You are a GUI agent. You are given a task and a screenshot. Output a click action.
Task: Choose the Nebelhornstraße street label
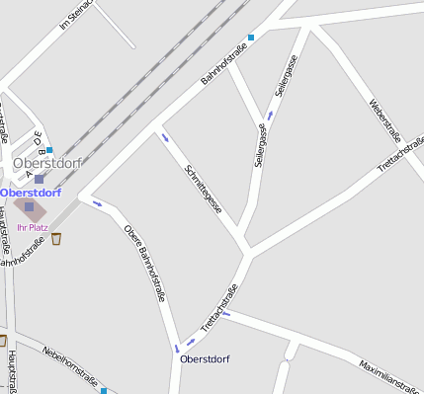68,365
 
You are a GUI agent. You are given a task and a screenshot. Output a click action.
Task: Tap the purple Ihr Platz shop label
33,227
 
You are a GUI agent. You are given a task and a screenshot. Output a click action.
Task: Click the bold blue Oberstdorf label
31,193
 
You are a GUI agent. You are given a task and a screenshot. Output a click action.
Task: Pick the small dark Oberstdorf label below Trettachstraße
205,358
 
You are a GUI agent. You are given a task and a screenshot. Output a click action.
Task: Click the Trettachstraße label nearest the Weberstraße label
401,158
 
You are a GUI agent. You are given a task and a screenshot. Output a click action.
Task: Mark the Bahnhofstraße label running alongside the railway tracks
222,73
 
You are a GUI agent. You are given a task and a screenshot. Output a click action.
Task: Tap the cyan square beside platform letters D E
49,151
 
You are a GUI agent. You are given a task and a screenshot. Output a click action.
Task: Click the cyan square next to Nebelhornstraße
103,391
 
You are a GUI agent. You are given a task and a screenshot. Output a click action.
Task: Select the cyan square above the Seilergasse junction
251,39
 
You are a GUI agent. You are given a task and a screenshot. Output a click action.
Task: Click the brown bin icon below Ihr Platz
56,238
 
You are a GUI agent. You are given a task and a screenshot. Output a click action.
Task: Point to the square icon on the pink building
29,207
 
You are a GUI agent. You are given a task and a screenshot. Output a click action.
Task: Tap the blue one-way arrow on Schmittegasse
165,137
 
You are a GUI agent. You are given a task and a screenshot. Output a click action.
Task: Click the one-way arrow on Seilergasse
270,116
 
